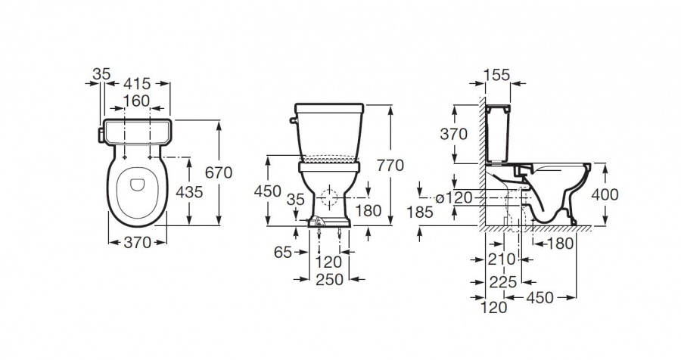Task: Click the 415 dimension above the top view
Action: coord(137,83)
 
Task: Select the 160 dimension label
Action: coord(136,101)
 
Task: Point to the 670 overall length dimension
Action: coord(219,172)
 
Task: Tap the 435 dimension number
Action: coord(189,191)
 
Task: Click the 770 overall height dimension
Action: coord(390,166)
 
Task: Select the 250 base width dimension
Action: coord(329,279)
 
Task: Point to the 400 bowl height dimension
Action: coord(605,194)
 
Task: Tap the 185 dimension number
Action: coord(421,212)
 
